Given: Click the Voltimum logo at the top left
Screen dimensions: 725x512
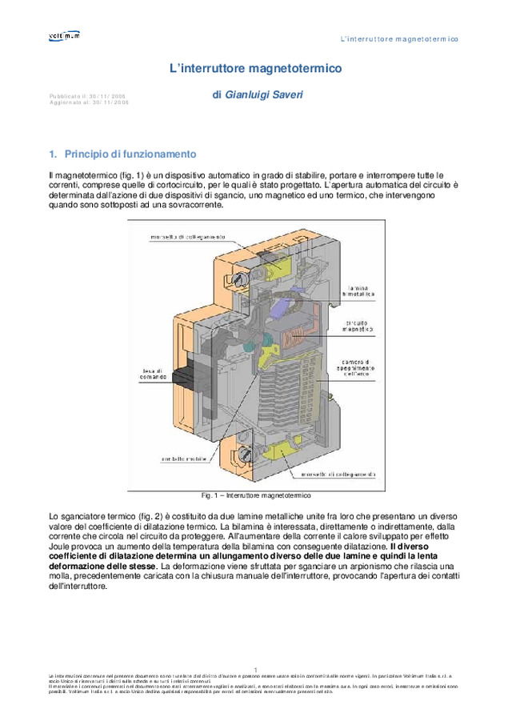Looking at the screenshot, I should click(x=63, y=35).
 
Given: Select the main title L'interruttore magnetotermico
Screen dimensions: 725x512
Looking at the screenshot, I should click(x=255, y=70).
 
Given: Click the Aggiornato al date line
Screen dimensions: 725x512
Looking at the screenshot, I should click(x=88, y=103).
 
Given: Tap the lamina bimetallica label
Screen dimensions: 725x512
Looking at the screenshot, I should click(x=356, y=292).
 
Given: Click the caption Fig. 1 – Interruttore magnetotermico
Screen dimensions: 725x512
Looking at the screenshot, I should click(x=255, y=495).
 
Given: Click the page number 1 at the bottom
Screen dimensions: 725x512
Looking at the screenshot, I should click(x=255, y=669).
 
